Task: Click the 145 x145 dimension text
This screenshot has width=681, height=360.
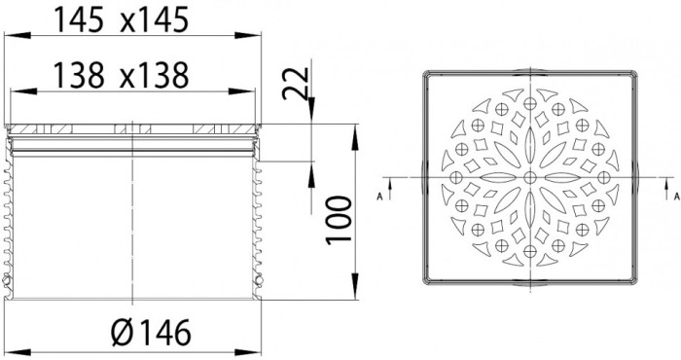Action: [x=122, y=19]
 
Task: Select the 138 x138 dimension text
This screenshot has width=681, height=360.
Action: [x=122, y=75]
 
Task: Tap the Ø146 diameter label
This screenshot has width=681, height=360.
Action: [x=151, y=333]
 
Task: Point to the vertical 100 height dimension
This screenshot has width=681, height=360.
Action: [x=340, y=220]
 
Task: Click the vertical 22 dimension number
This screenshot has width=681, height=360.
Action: [x=296, y=84]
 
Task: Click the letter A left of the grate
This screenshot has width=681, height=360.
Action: [x=379, y=197]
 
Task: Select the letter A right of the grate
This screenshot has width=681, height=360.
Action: [x=676, y=197]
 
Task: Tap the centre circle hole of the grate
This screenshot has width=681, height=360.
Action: [x=530, y=177]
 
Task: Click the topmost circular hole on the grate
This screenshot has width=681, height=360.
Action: [x=530, y=103]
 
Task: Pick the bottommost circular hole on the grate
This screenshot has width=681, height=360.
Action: [x=530, y=251]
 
